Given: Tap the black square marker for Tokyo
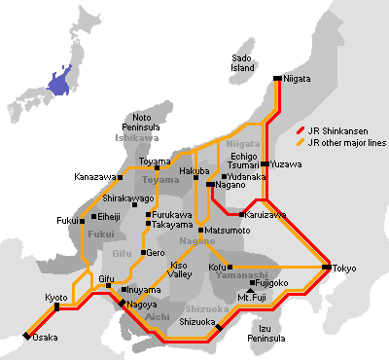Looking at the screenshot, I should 326,267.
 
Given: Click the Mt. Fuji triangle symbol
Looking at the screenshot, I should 252,291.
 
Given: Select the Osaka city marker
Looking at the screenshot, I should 27,336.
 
